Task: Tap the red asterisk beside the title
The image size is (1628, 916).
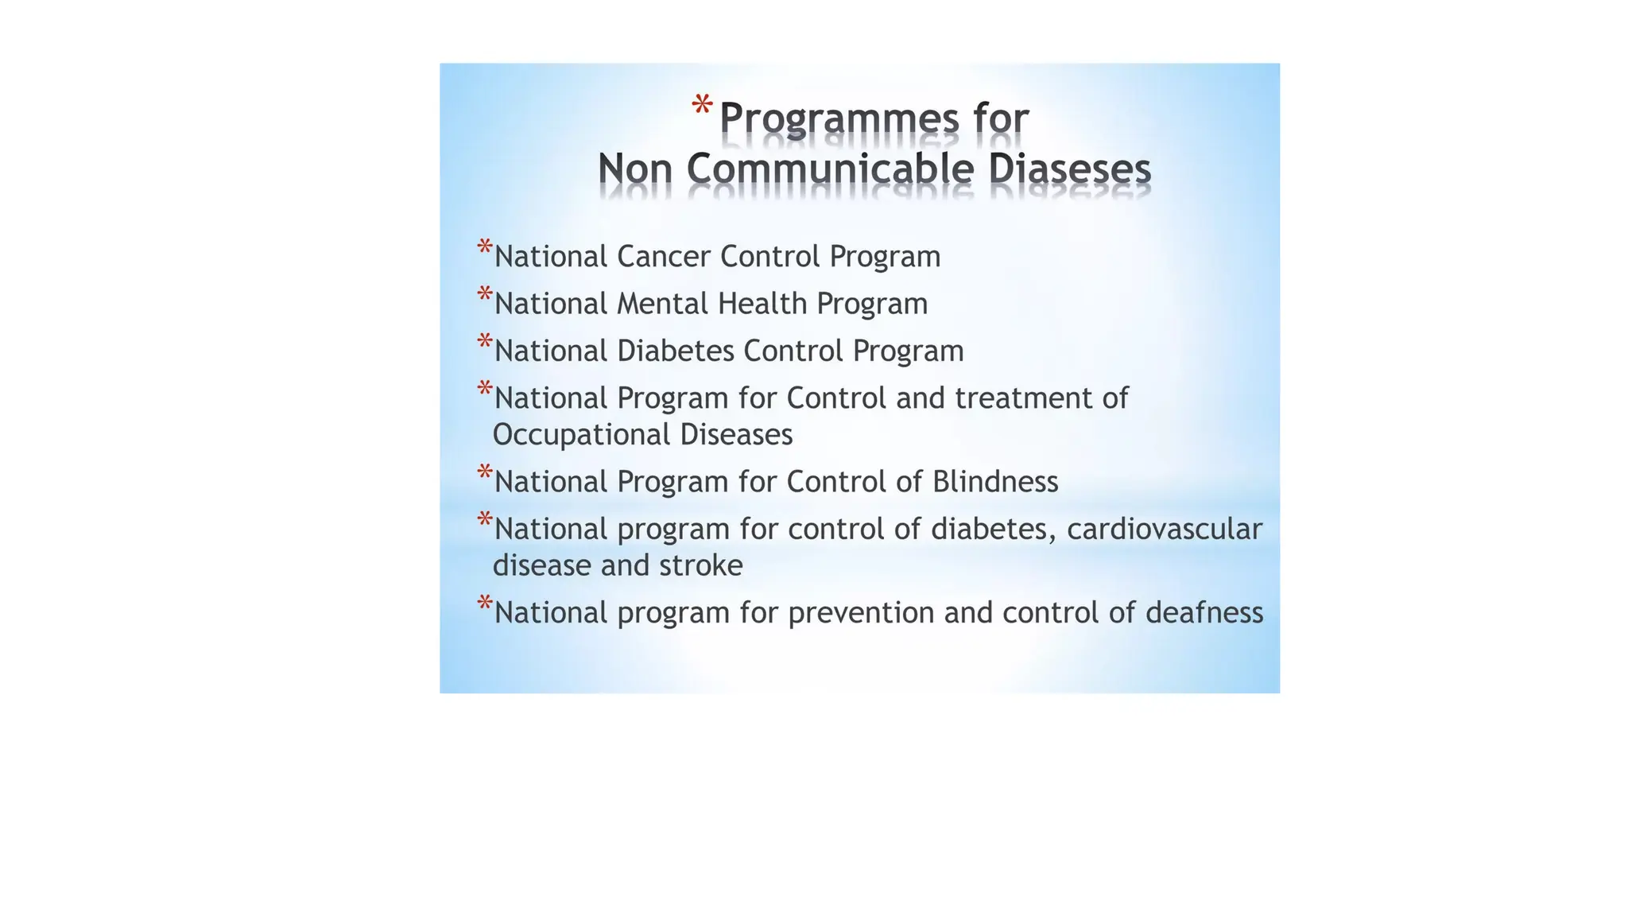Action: [701, 106]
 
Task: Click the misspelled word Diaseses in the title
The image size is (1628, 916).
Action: [1070, 169]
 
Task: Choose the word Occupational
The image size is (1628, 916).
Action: [582, 435]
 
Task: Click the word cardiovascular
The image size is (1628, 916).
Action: [1164, 529]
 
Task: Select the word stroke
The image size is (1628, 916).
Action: [703, 565]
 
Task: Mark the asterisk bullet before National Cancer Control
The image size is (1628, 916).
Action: [484, 248]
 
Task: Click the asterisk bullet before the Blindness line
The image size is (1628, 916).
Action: [484, 473]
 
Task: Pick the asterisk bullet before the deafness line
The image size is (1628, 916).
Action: [484, 604]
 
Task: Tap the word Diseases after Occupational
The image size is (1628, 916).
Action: [736, 435]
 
